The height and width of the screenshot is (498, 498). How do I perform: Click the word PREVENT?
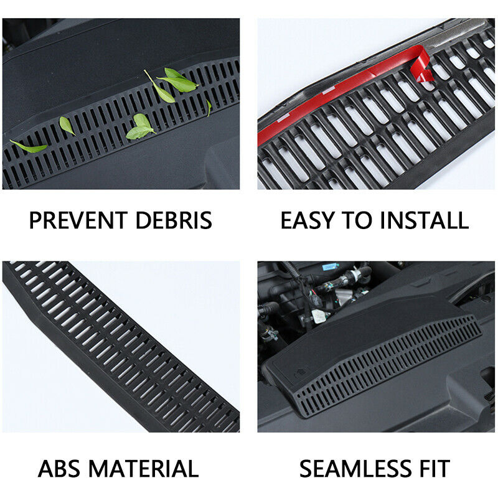[78, 220]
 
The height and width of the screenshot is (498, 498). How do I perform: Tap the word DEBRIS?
[174, 220]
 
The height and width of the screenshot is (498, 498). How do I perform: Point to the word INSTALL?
[425, 220]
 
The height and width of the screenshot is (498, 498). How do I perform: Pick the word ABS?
[59, 469]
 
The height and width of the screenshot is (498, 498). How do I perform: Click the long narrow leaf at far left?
[29, 146]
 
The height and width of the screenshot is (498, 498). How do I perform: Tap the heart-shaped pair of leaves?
[141, 127]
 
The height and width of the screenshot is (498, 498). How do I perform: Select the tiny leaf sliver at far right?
[209, 108]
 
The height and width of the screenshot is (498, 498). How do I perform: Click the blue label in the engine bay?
[331, 266]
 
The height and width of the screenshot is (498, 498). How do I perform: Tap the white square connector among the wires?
[319, 316]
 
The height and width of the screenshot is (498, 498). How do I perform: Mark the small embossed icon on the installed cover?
[301, 372]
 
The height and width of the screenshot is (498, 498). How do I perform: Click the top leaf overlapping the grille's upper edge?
[178, 80]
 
